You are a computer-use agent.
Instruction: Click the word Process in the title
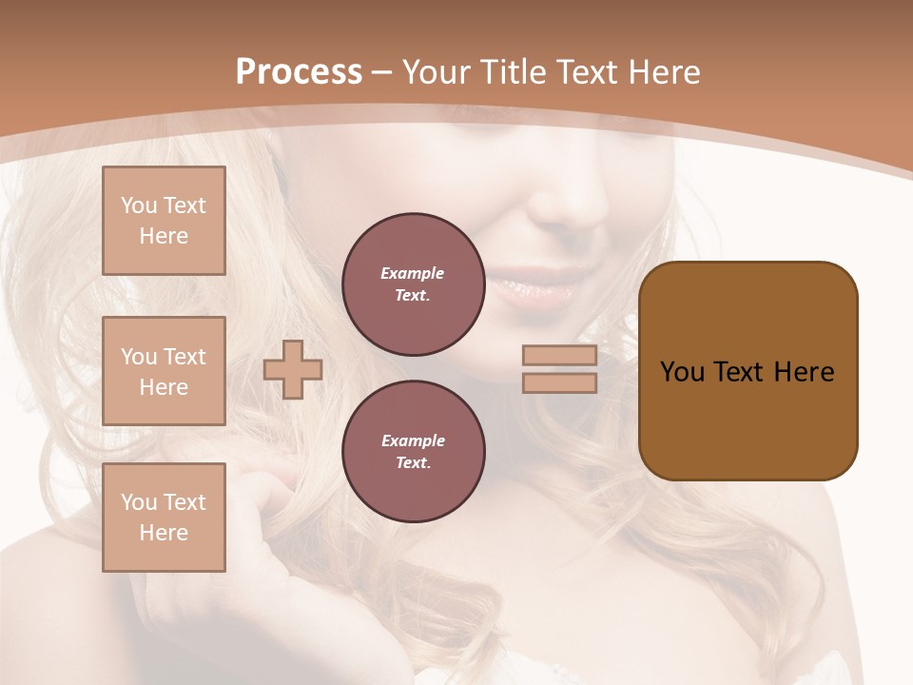[x=299, y=72]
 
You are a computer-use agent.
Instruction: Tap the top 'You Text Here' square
[x=164, y=221]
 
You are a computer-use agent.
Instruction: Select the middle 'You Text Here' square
[x=164, y=371]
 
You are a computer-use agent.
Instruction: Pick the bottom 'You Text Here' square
[x=164, y=518]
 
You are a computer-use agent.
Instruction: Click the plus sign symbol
[x=293, y=369]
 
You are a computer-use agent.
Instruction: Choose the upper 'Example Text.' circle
[x=413, y=284]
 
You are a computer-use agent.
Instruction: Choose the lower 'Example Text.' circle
[x=413, y=452]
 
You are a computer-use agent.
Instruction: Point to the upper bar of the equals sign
[x=560, y=356]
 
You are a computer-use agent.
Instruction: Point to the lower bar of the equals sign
[x=560, y=383]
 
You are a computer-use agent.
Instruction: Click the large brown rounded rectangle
[x=748, y=419]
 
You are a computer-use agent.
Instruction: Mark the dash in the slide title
[x=382, y=72]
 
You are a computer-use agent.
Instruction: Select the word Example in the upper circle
[x=413, y=273]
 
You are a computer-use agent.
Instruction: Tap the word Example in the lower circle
[x=413, y=440]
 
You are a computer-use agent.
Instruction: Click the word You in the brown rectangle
[x=682, y=372]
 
